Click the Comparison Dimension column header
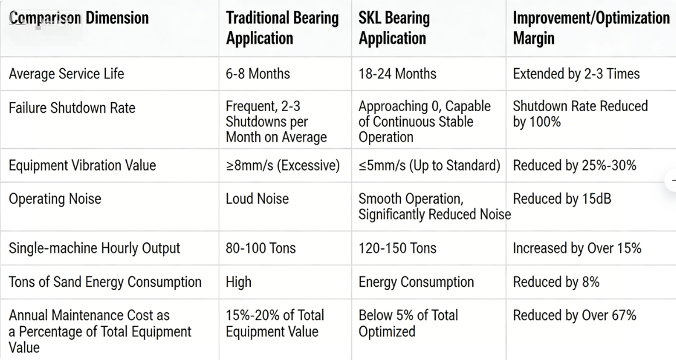click(79, 18)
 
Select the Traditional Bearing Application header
click(282, 28)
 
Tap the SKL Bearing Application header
click(394, 28)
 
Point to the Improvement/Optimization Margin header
click(590, 28)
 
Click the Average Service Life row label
click(66, 74)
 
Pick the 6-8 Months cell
click(257, 74)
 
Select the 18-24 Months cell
click(397, 74)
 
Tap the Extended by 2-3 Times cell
click(576, 74)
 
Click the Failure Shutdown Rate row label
click(72, 108)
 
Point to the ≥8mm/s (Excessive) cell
click(283, 165)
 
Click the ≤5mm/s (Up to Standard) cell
click(429, 165)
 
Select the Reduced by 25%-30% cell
click(574, 165)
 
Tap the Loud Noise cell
click(257, 199)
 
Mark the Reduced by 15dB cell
click(561, 199)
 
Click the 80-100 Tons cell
click(261, 248)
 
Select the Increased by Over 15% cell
click(577, 248)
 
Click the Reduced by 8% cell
click(556, 282)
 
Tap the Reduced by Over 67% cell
click(574, 316)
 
